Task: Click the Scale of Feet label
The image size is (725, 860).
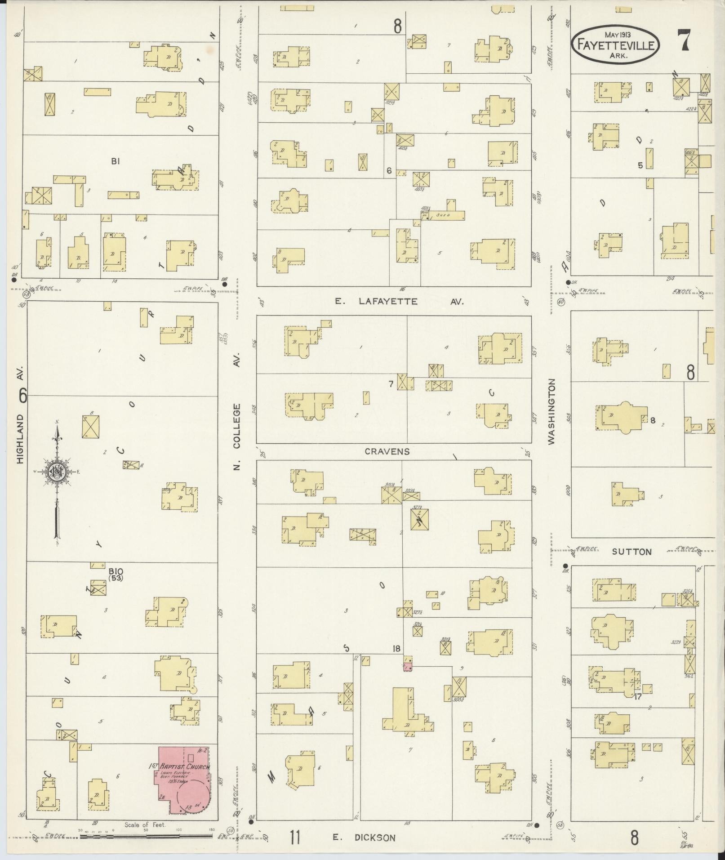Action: (x=145, y=824)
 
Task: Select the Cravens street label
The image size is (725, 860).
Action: (x=387, y=451)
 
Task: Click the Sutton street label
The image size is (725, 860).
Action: (x=632, y=552)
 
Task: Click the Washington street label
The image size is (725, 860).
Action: (x=552, y=412)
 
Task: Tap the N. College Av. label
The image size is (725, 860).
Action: (x=237, y=411)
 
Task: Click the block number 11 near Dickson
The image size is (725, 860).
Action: (x=295, y=838)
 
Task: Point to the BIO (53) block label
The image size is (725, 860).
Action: (x=116, y=574)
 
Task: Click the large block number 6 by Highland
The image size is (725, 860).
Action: (x=22, y=396)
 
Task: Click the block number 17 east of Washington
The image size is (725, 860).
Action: (x=637, y=697)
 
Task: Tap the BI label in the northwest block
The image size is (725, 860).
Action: (x=116, y=161)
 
